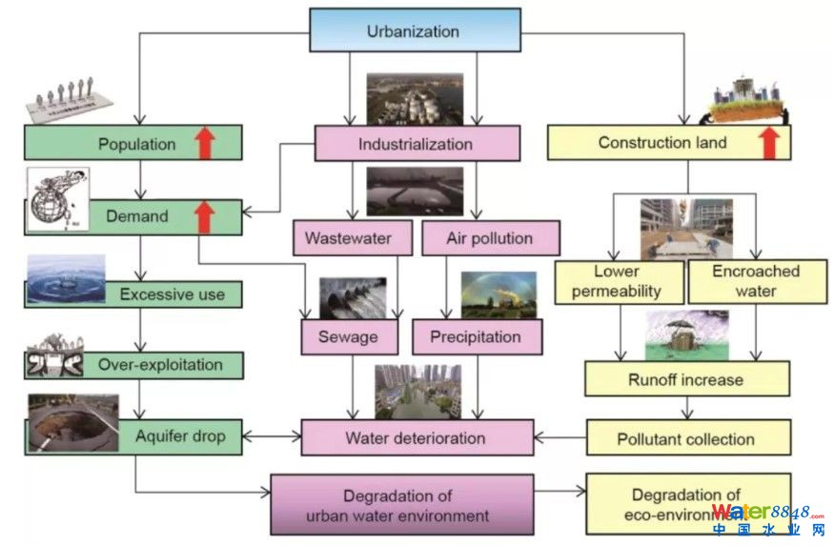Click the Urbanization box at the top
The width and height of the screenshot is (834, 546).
pyautogui.click(x=414, y=31)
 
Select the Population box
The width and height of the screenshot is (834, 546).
pyautogui.click(x=133, y=145)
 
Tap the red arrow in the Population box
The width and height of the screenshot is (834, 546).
pyautogui.click(x=203, y=145)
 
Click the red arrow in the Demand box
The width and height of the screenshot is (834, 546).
pyautogui.click(x=203, y=216)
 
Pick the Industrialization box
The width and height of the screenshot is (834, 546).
pyautogui.click(x=417, y=145)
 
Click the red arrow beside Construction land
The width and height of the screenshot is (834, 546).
pyautogui.click(x=769, y=143)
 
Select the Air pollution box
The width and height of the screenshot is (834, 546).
pyautogui.click(x=490, y=237)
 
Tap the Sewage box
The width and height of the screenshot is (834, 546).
pyautogui.click(x=348, y=336)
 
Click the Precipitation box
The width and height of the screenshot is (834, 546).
pyautogui.click(x=476, y=336)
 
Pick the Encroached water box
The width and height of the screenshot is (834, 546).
pyautogui.click(x=756, y=281)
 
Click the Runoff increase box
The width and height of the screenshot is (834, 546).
pyautogui.click(x=686, y=379)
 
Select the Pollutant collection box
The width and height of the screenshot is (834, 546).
pyautogui.click(x=686, y=439)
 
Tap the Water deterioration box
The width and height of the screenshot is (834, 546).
pyautogui.click(x=416, y=439)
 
